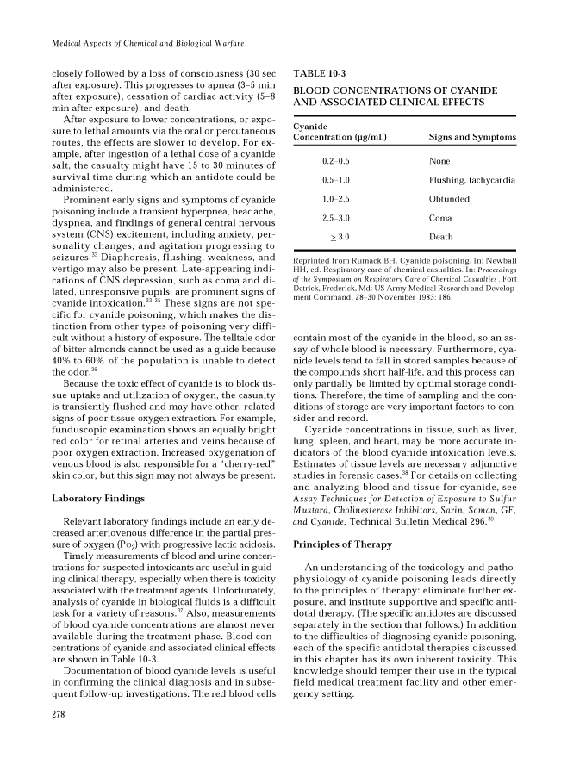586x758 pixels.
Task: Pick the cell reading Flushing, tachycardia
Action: pos(471,180)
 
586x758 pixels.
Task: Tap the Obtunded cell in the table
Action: pos(449,199)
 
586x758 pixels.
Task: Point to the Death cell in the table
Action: pos(441,237)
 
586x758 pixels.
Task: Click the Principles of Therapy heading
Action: pos(344,544)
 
